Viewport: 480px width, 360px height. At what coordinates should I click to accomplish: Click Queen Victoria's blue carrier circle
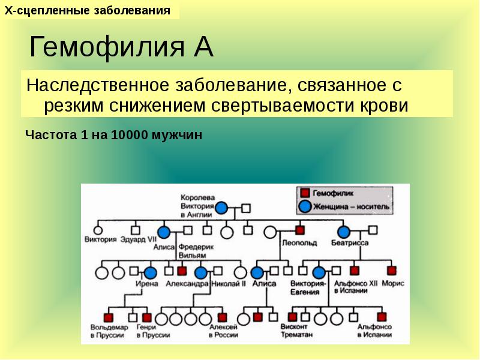click(x=222, y=208)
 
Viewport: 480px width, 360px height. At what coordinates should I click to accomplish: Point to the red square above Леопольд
click(x=299, y=230)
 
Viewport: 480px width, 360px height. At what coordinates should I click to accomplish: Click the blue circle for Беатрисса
click(x=344, y=232)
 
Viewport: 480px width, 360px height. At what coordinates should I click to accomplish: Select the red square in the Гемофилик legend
click(x=305, y=193)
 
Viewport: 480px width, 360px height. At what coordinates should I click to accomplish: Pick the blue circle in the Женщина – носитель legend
click(x=305, y=206)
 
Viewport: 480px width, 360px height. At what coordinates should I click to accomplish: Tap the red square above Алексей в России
click(x=223, y=317)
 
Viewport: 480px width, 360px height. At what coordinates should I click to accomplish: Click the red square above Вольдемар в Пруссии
click(x=109, y=317)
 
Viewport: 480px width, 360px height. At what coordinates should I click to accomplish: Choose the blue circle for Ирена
click(x=149, y=272)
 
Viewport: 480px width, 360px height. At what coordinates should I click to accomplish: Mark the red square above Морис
click(x=392, y=271)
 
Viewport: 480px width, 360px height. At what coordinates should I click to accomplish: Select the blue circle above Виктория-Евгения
click(x=319, y=272)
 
